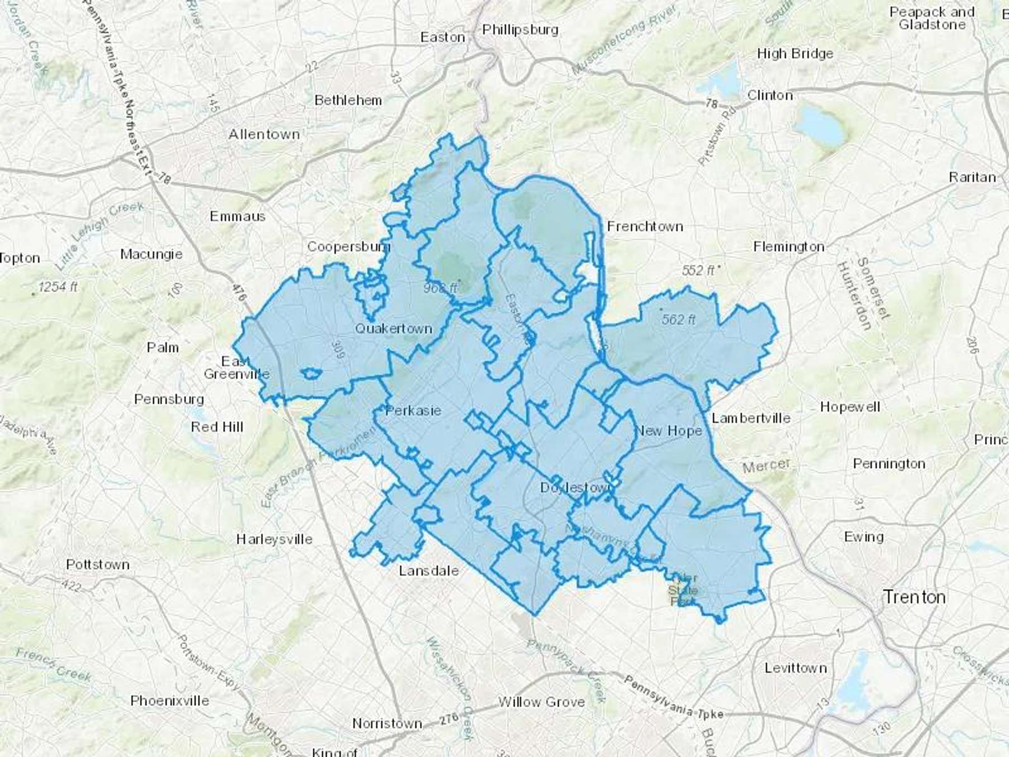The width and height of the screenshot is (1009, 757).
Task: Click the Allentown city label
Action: [264, 135]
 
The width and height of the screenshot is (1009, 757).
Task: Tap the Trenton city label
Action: [914, 597]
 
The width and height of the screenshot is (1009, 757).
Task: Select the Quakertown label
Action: [394, 329]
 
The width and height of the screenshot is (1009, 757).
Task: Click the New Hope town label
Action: [669, 431]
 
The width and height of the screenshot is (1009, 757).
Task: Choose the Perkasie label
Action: [413, 410]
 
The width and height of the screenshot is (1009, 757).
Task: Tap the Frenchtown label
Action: [645, 227]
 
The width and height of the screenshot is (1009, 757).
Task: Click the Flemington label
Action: [789, 247]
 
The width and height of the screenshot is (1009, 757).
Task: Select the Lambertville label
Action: [751, 418]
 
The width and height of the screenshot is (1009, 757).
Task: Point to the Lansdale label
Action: [429, 571]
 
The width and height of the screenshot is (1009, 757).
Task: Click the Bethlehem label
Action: [348, 100]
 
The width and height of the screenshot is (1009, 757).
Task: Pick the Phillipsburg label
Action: [520, 29]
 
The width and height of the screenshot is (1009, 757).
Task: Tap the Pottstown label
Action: [98, 564]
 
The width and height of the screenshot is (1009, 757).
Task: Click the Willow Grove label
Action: [541, 702]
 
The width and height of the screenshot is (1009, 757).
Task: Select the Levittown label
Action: [795, 668]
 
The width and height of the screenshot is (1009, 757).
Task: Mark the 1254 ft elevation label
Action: [58, 287]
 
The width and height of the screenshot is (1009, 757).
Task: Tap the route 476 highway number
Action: [239, 294]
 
